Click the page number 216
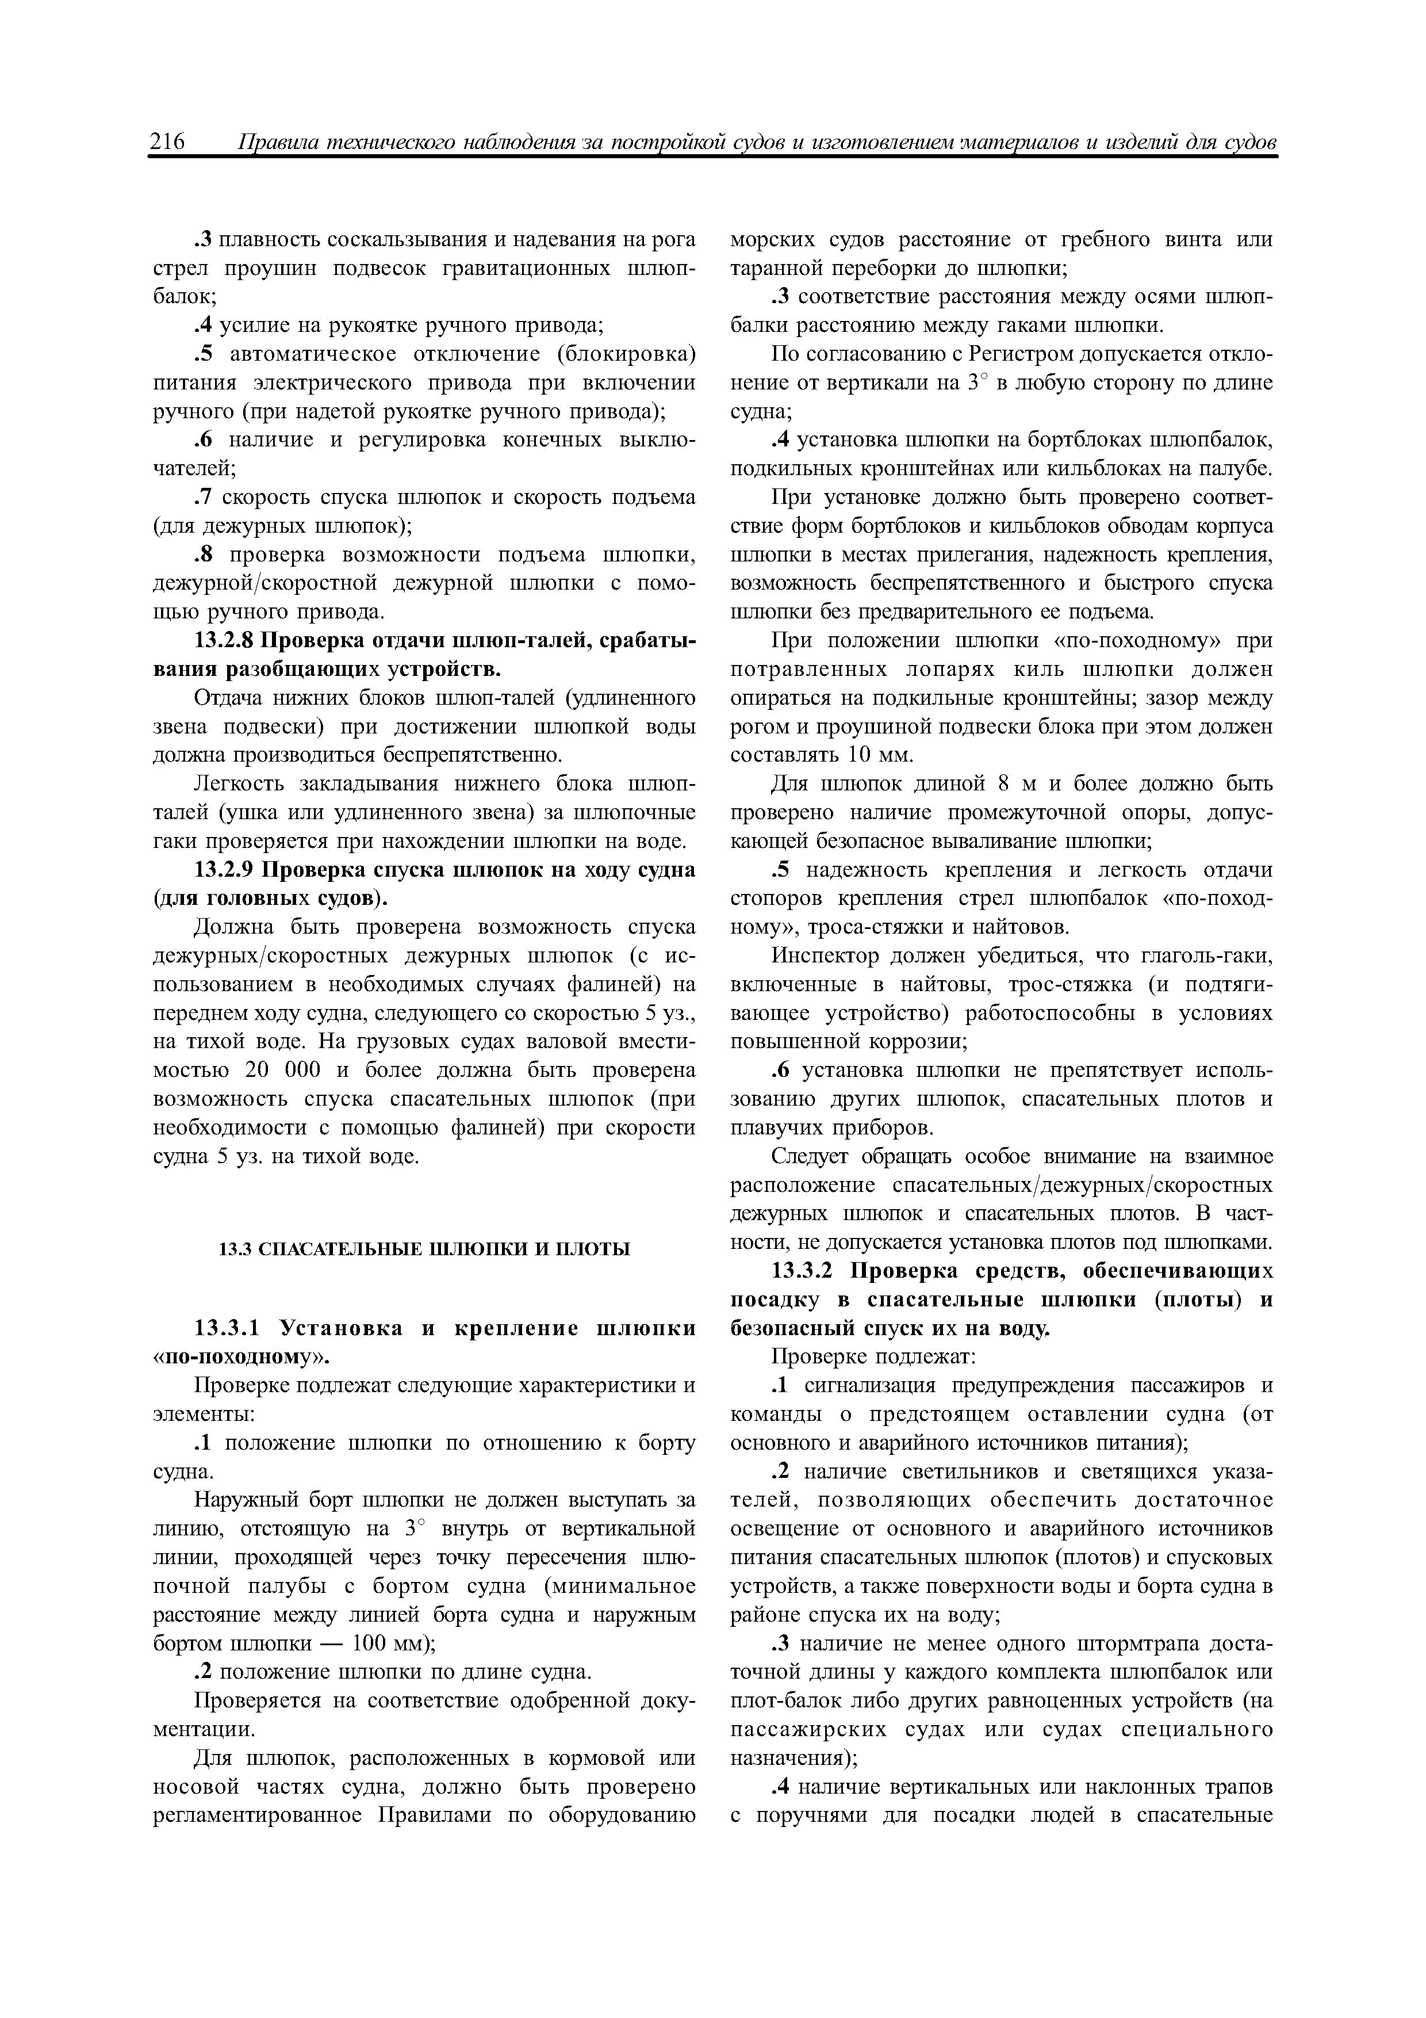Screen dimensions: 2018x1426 168,142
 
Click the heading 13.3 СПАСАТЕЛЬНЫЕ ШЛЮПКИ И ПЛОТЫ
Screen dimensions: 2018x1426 424,1248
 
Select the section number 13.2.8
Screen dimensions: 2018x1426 224,641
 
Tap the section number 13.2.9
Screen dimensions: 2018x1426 224,869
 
